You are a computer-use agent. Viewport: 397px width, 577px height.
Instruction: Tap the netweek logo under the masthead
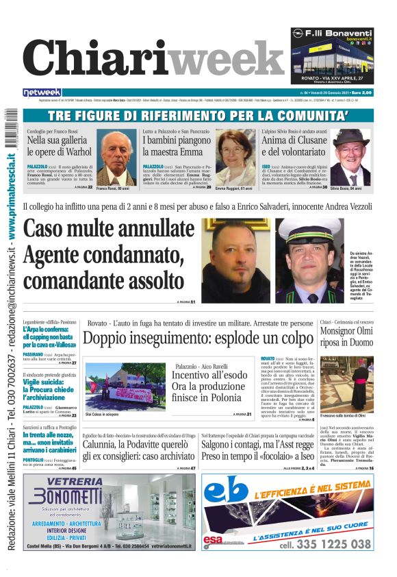tap(42, 93)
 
